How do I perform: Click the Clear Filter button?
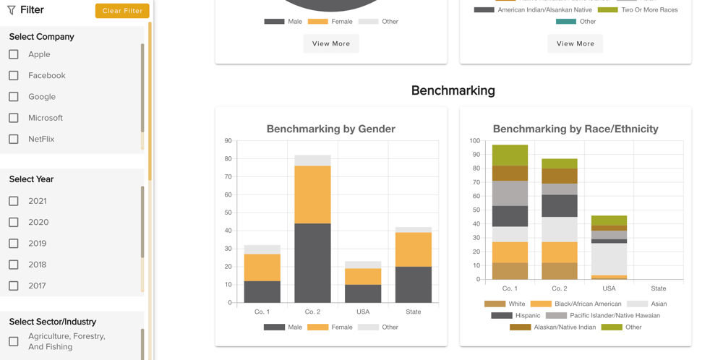(x=122, y=11)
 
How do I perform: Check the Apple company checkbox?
(x=14, y=54)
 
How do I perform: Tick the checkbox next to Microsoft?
(x=14, y=118)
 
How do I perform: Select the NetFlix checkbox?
(x=14, y=139)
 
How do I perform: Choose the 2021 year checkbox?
(x=14, y=201)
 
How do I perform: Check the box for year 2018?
(x=14, y=265)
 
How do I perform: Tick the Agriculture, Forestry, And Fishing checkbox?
(x=14, y=341)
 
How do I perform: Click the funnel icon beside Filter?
(x=12, y=10)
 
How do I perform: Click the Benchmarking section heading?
(x=453, y=90)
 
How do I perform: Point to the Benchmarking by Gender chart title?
(x=330, y=129)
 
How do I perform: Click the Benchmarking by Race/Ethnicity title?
(x=576, y=129)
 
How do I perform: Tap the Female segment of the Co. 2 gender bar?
(x=312, y=194)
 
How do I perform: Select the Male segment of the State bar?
(x=414, y=285)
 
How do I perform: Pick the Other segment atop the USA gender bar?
(x=363, y=265)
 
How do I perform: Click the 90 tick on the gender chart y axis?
(x=228, y=141)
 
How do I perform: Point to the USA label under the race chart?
(x=609, y=288)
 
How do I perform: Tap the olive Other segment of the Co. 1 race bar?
(x=510, y=155)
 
